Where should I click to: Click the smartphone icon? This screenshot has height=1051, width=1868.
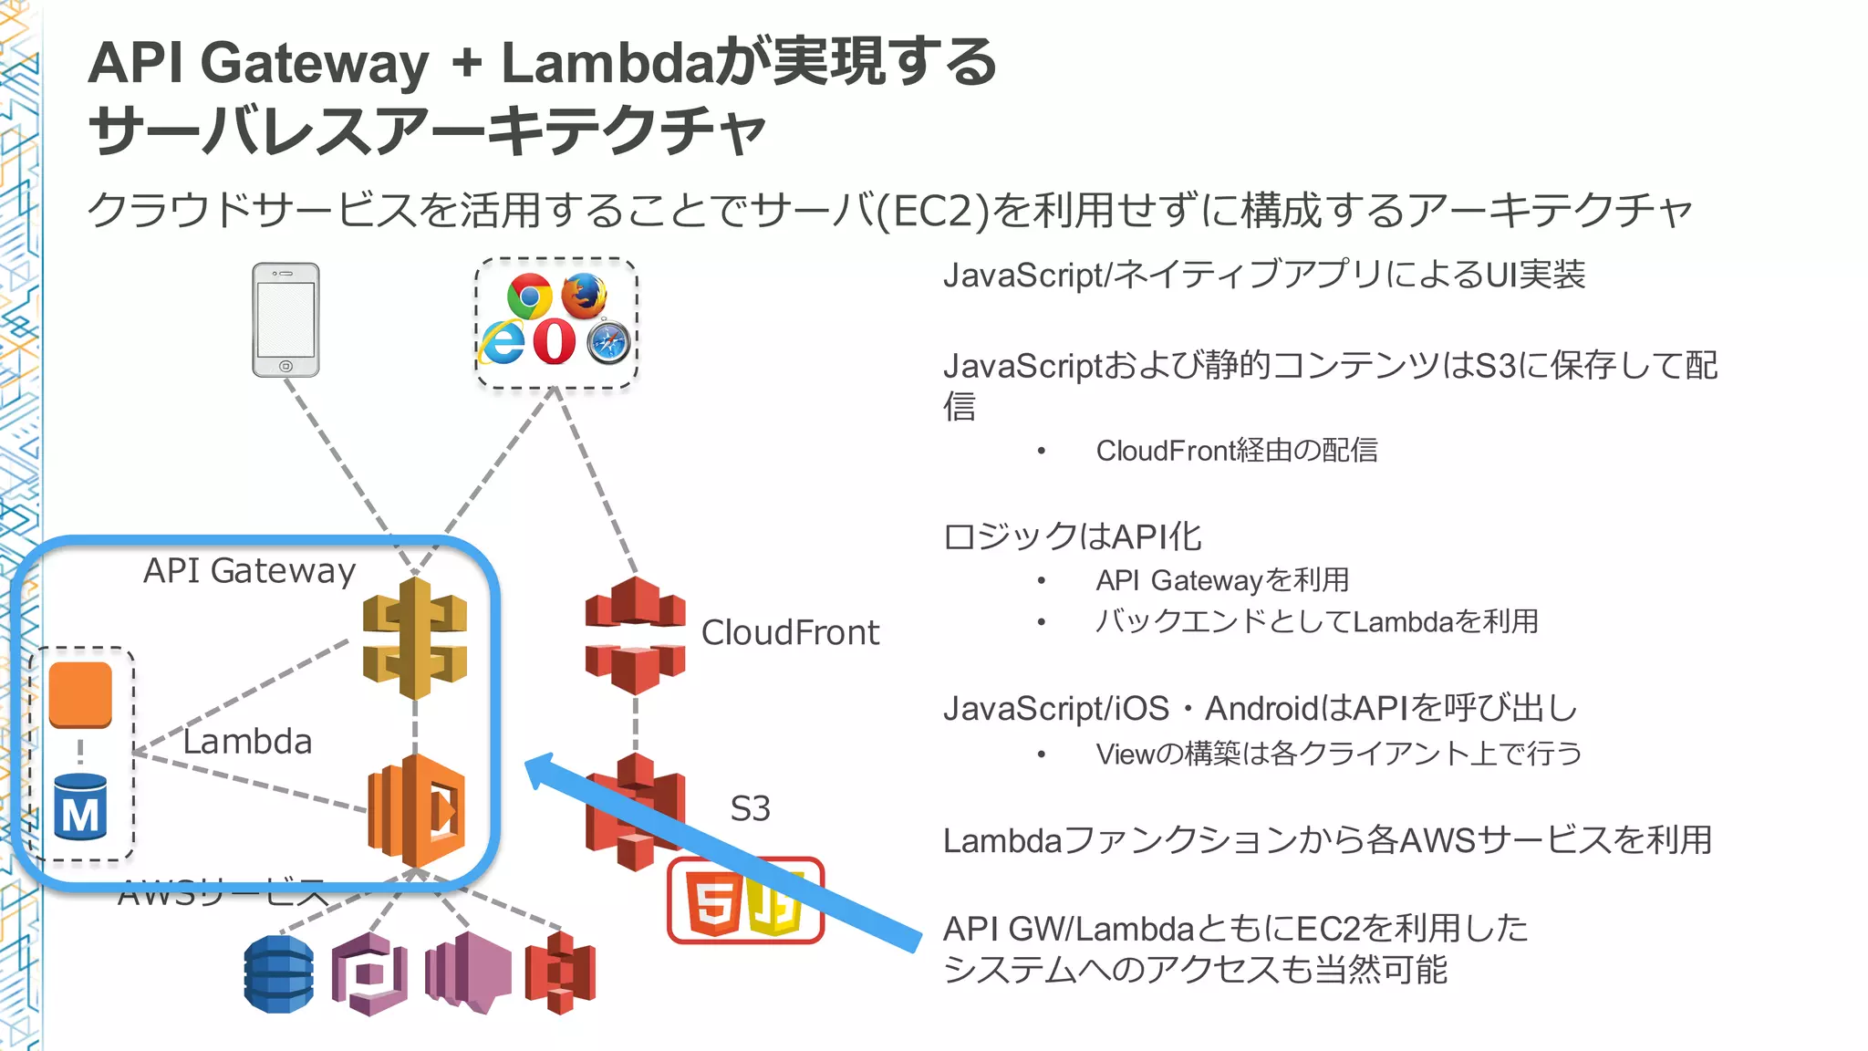tap(285, 319)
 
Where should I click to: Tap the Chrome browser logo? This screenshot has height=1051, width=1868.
tap(529, 296)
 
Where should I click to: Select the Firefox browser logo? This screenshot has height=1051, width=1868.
tap(584, 295)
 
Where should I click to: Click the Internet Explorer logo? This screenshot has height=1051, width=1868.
tap(503, 342)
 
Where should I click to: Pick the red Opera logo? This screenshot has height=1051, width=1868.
tap(554, 342)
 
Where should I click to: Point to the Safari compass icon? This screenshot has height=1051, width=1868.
tap(608, 342)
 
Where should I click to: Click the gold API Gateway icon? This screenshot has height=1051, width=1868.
tap(415, 638)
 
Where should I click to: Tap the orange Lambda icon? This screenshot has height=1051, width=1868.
tap(417, 810)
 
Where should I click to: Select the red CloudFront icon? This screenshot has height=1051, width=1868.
tap(635, 635)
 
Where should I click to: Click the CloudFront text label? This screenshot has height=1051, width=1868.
tap(790, 632)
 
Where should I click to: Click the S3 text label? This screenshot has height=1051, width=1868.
tap(750, 808)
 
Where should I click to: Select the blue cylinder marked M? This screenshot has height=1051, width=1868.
tap(80, 808)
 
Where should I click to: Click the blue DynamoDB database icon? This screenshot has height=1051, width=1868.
tap(279, 973)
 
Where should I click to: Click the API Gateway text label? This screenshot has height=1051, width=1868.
tap(249, 570)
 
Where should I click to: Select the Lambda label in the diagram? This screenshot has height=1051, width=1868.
tap(247, 741)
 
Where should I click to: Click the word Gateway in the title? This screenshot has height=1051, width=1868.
tap(314, 63)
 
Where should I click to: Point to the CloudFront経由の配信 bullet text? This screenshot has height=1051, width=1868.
tap(1236, 450)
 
